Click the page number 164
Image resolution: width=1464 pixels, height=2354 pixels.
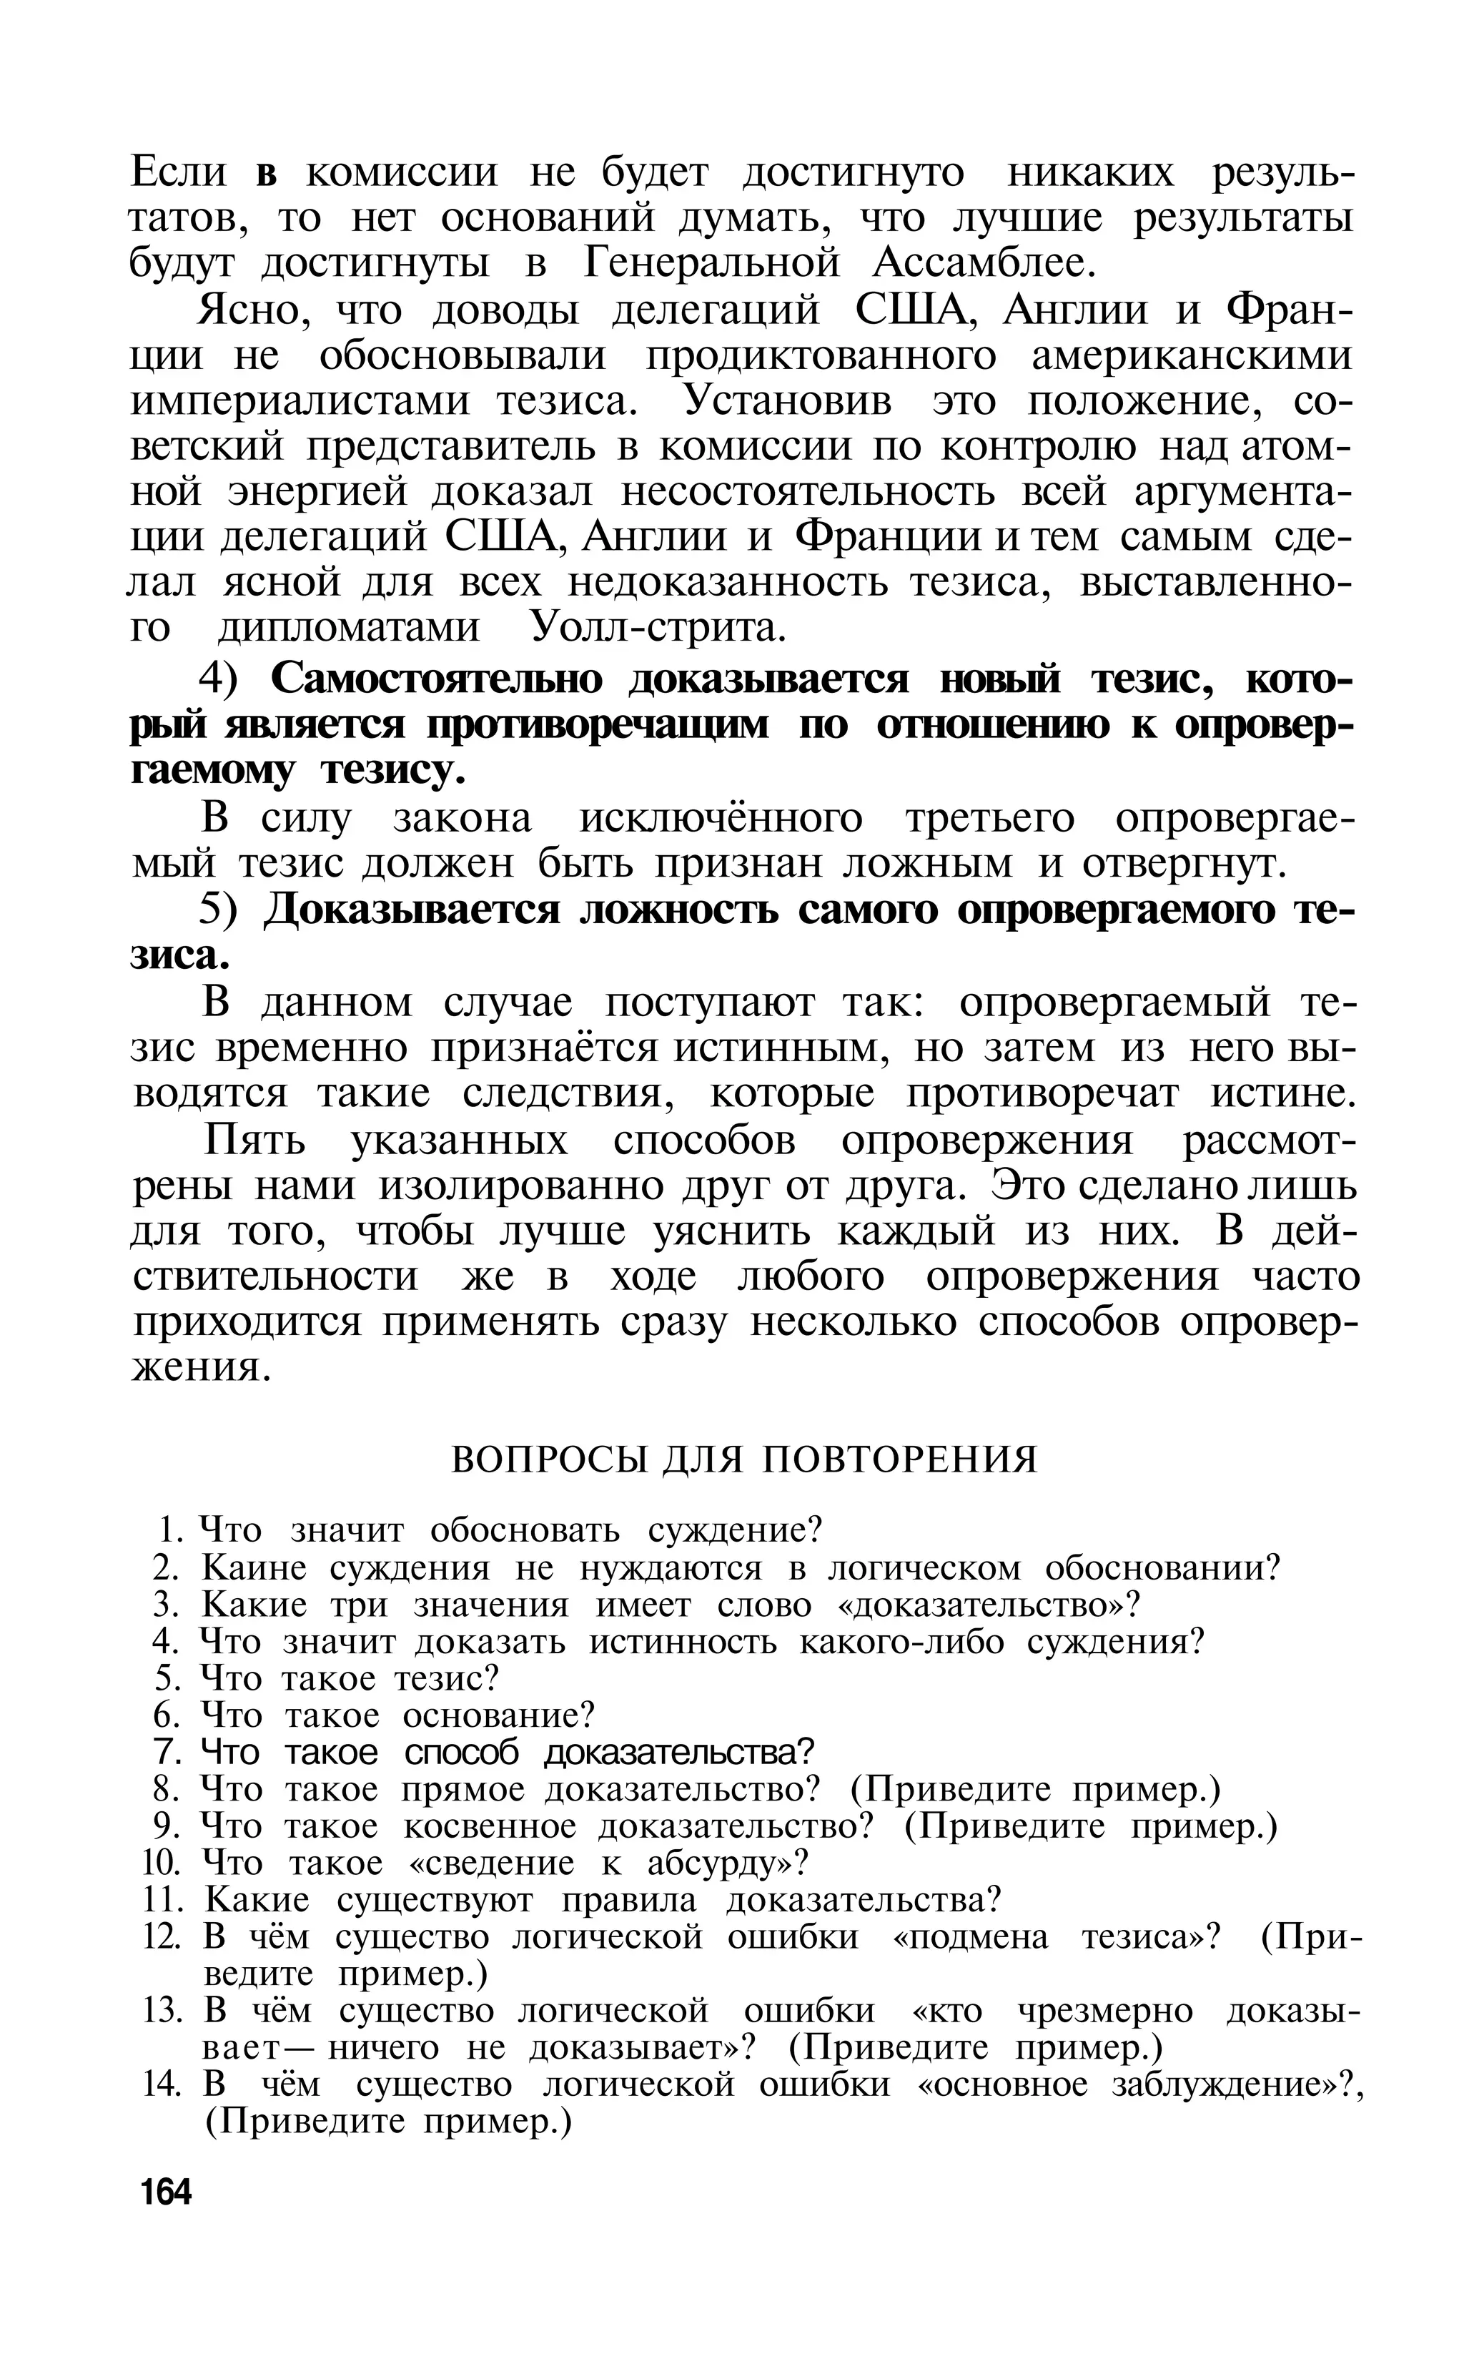[167, 2190]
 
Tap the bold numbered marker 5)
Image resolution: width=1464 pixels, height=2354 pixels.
[224, 910]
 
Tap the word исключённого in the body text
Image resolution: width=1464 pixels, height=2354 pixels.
[721, 818]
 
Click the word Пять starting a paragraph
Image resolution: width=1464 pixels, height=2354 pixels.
[254, 1141]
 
